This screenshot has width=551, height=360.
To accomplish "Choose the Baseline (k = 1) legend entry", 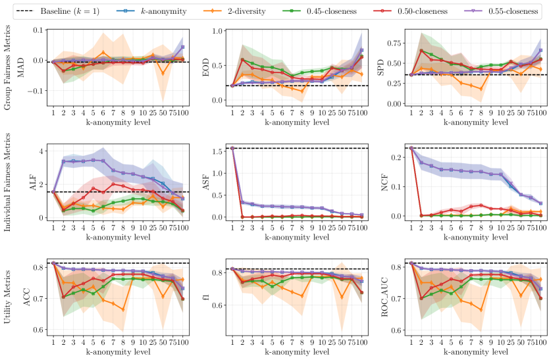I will (x=60, y=11).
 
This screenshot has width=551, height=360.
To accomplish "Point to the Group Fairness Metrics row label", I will (x=7, y=64).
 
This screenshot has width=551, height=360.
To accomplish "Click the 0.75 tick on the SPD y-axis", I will (x=396, y=43).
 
